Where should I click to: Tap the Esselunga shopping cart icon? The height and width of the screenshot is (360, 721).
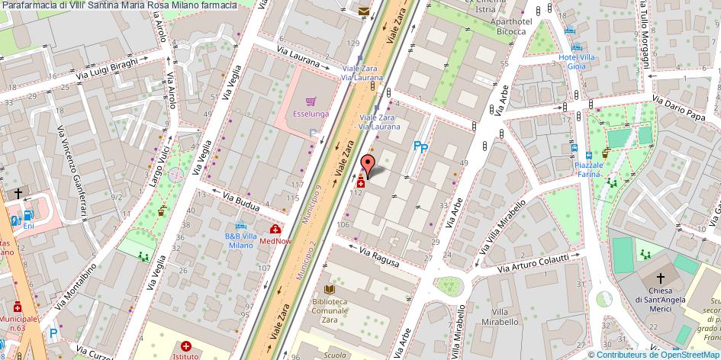(x=311, y=101)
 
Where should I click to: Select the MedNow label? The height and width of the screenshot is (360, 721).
(x=275, y=241)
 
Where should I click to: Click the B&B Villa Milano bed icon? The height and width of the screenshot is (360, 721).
(x=242, y=226)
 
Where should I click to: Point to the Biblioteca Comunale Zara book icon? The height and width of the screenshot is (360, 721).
(x=329, y=290)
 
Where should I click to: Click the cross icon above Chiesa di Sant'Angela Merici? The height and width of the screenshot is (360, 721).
(x=661, y=279)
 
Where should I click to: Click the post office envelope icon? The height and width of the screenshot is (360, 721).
(x=362, y=11)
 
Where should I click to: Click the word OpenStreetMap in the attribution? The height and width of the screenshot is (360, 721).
(x=686, y=354)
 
